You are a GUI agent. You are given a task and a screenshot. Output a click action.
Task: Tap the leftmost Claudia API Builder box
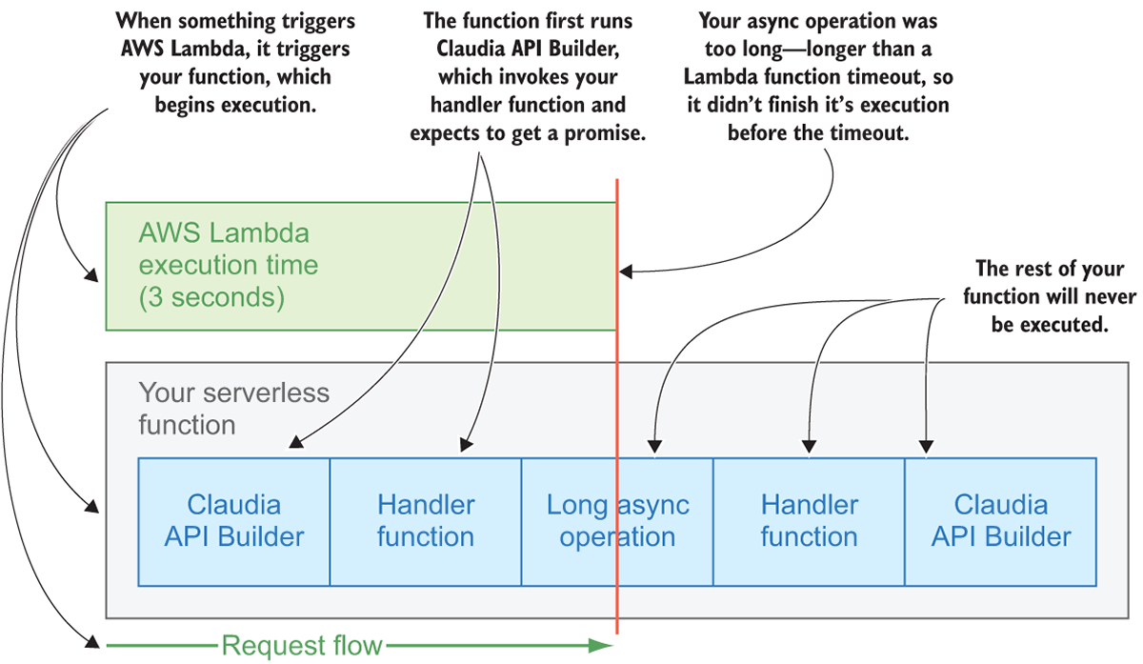(x=233, y=521)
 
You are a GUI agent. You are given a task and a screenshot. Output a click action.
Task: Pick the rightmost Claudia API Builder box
(x=1000, y=521)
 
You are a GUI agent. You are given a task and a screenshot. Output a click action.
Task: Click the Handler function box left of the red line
(x=425, y=521)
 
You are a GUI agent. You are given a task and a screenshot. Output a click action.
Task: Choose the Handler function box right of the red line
(x=809, y=521)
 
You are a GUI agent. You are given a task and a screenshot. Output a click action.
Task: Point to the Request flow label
(x=301, y=646)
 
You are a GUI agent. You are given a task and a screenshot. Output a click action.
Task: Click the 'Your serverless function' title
(x=233, y=408)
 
